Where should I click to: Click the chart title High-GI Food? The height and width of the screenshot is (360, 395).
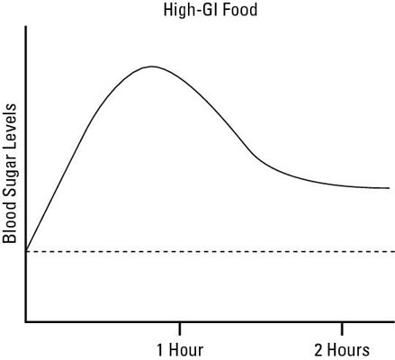196,12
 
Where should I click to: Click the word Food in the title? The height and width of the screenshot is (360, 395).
221,12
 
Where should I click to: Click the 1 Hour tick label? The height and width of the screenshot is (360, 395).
180,348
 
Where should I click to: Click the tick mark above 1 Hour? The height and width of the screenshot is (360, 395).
180,325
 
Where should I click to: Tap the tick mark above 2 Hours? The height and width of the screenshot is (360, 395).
341,325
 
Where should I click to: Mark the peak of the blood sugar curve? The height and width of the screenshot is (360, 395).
152,67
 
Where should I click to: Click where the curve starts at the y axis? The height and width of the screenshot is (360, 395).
26,250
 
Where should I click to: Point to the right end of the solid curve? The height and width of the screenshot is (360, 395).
389,188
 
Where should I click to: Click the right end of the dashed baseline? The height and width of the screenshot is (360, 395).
391,251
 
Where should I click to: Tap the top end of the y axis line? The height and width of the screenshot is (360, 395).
26,28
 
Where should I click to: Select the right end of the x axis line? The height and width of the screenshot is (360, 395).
393,321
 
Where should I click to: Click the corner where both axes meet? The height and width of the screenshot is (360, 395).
26,321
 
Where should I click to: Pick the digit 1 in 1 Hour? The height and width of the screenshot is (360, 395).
160,348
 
